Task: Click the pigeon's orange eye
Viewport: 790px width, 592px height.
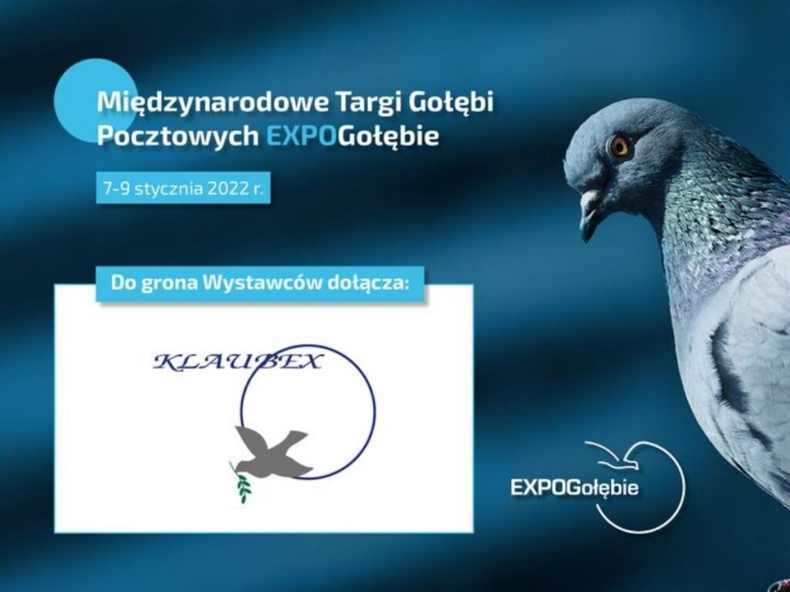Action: pyautogui.click(x=618, y=146)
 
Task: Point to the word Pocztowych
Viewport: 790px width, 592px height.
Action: pyautogui.click(x=178, y=136)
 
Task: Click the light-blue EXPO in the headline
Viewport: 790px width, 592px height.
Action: pyautogui.click(x=300, y=136)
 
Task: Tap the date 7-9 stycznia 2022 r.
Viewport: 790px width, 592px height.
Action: pyautogui.click(x=184, y=188)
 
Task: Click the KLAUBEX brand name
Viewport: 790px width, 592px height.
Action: pyautogui.click(x=238, y=362)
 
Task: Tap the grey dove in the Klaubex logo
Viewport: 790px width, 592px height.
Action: pyautogui.click(x=272, y=452)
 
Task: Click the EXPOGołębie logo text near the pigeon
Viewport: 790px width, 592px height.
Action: pyautogui.click(x=574, y=487)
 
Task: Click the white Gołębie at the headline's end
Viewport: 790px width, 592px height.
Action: pyautogui.click(x=388, y=136)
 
